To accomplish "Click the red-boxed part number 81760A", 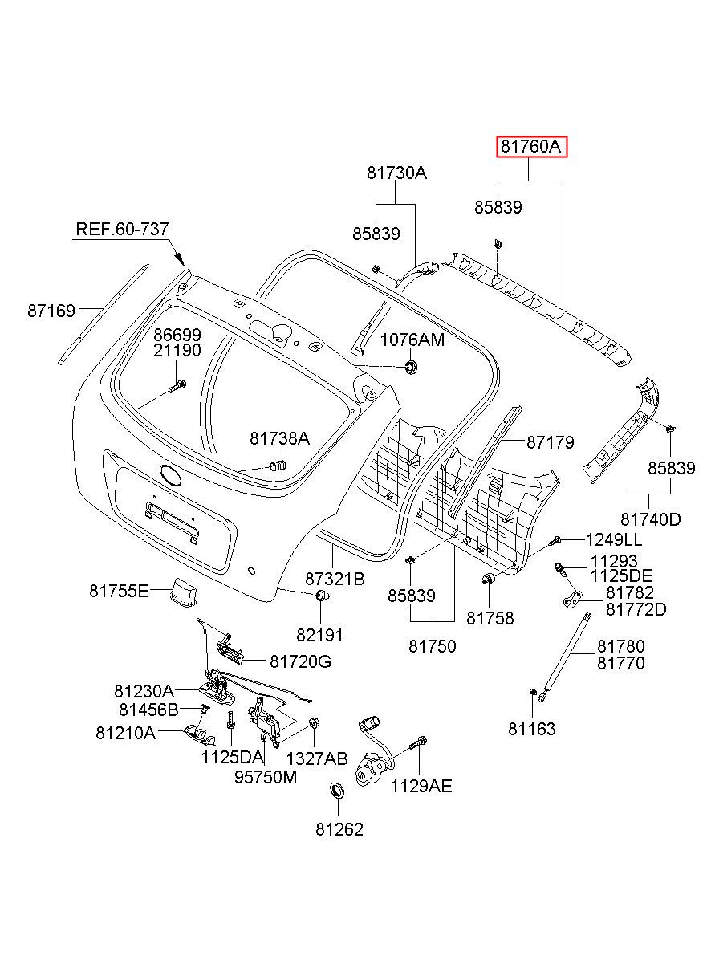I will [x=531, y=147].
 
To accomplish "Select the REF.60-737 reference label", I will [x=122, y=229].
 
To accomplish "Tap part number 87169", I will [x=51, y=311].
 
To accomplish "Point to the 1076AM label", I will [x=412, y=340].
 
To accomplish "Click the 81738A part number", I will [x=279, y=438].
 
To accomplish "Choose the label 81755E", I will [x=119, y=591].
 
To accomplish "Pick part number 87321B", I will [x=335, y=579].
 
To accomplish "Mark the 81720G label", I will [x=301, y=661].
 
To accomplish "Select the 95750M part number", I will [x=266, y=777].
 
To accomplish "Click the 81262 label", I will [x=339, y=829].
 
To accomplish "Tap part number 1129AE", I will [x=421, y=786].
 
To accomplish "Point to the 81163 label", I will [x=531, y=729].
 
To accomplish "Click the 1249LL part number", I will [x=614, y=539].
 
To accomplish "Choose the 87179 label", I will [x=551, y=441].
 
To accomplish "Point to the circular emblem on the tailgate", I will [x=171, y=475].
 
